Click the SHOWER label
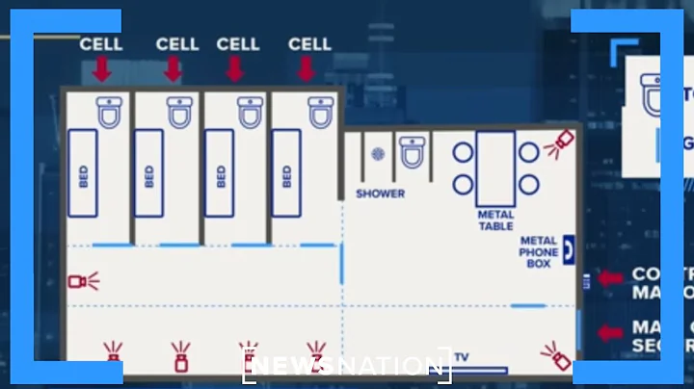[380, 194]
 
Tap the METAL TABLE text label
[495, 220]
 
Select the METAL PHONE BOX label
[538, 252]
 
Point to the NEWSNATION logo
[345, 365]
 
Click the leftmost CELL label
[101, 44]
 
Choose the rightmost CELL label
[309, 44]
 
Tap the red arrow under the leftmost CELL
[101, 69]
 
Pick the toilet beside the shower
[413, 152]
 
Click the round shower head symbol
[378, 153]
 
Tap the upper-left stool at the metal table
[463, 152]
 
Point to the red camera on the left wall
[81, 281]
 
